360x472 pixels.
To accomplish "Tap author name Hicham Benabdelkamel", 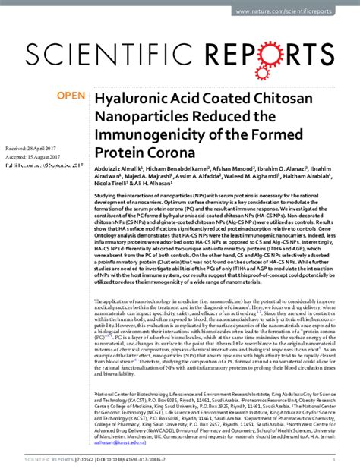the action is click(x=188, y=167).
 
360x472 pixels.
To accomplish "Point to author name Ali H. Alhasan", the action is click(x=152, y=184).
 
